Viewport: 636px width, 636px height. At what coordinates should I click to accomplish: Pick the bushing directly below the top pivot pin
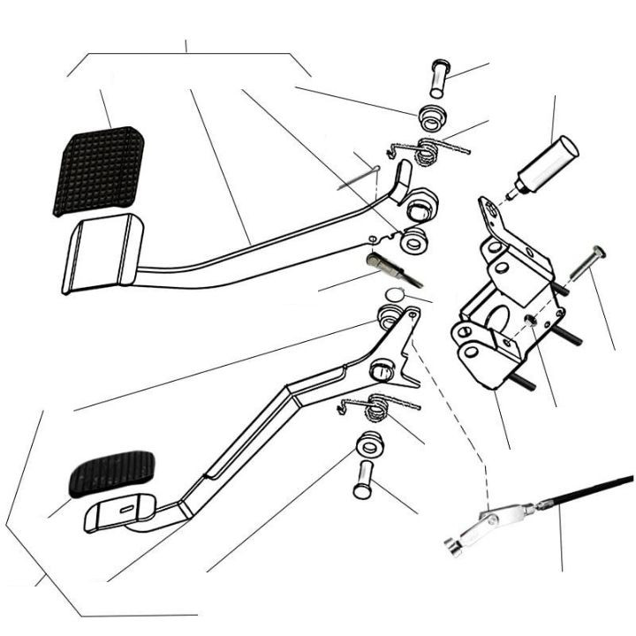click(432, 117)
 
